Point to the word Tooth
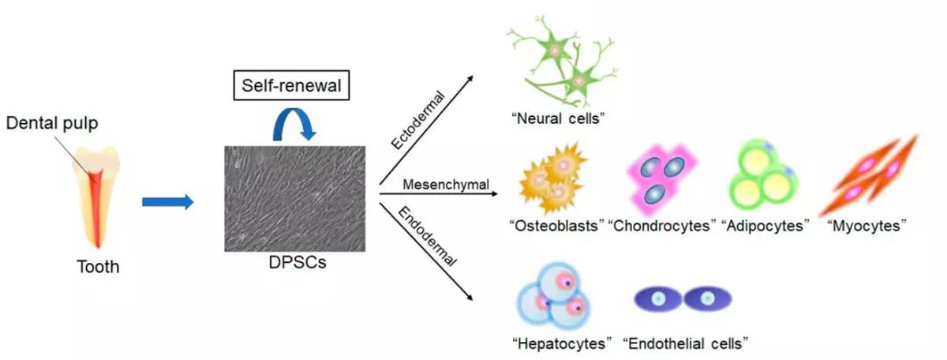[98, 266]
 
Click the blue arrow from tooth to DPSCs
[167, 203]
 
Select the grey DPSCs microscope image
[294, 197]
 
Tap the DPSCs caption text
[297, 263]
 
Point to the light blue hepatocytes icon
[553, 298]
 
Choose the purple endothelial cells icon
[683, 298]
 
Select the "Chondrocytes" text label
[662, 226]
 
